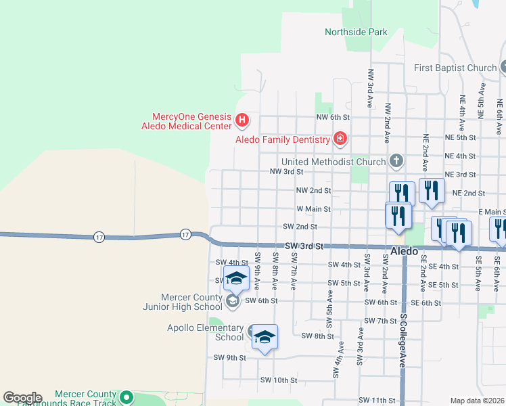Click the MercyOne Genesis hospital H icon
tap(243, 121)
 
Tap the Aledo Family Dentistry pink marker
tap(340, 139)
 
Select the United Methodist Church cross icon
tap(396, 162)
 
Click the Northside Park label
tap(356, 32)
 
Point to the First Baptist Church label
tap(455, 68)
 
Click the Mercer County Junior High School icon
tap(233, 301)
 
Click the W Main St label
tap(313, 209)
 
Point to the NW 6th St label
tap(331, 117)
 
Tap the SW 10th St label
tap(279, 380)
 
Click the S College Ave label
tap(402, 340)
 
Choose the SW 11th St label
tap(376, 401)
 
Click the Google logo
tap(22, 398)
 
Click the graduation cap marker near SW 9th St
tap(265, 338)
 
